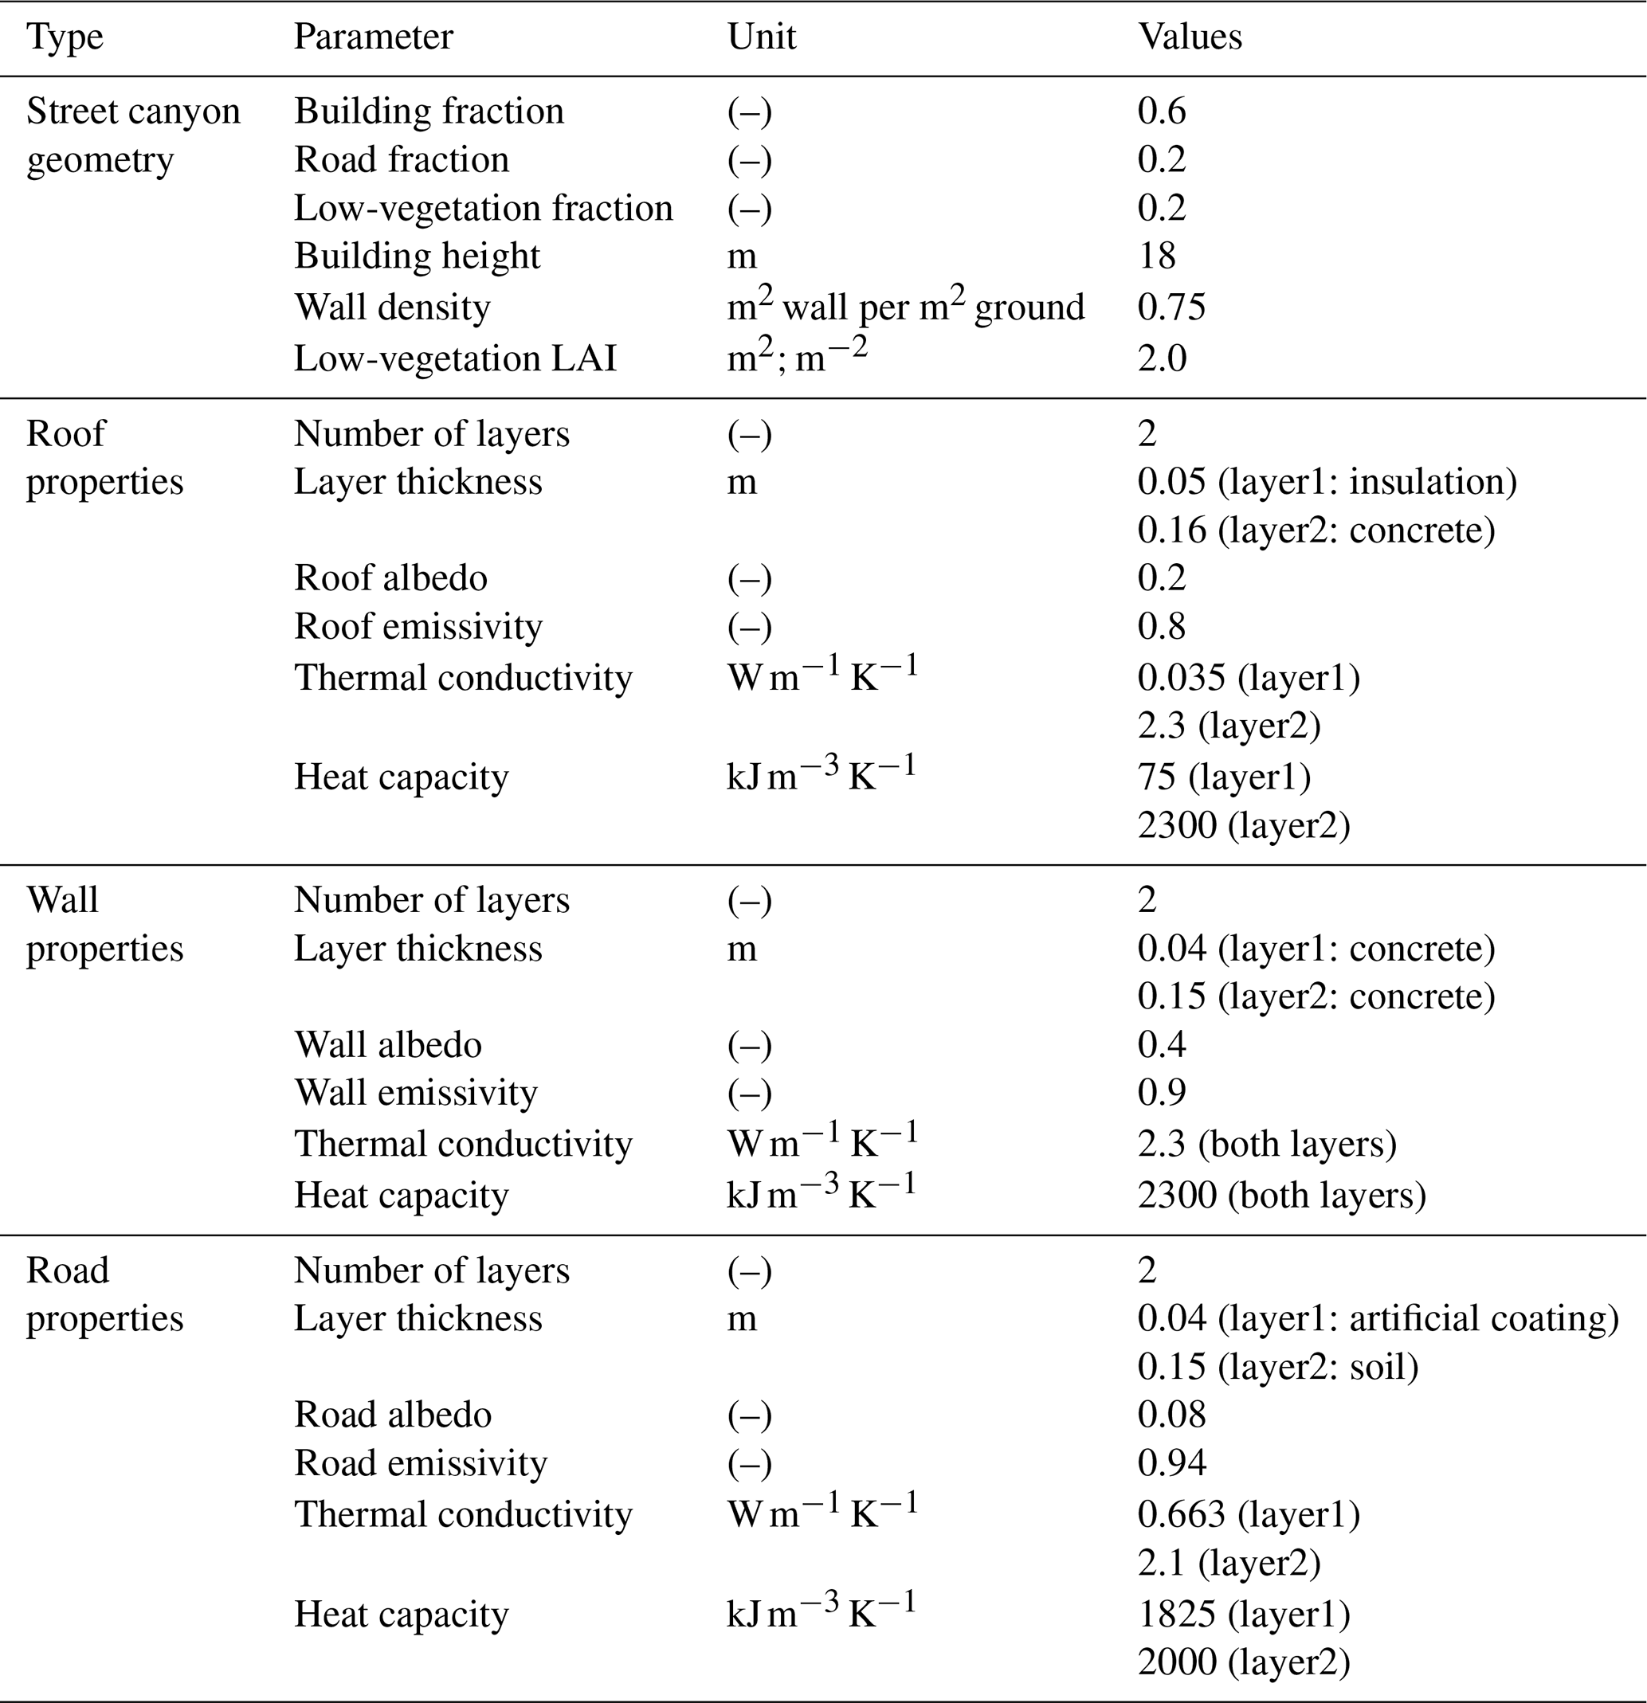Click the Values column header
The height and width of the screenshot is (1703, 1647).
(x=1189, y=37)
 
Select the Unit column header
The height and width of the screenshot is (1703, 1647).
(x=762, y=37)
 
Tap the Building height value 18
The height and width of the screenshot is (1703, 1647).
(x=1156, y=256)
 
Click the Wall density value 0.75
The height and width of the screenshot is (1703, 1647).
(x=1171, y=307)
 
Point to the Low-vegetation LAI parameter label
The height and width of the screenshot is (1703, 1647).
(x=454, y=358)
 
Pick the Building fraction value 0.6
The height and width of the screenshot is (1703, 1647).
(x=1161, y=111)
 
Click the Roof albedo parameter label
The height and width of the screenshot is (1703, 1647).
(x=390, y=577)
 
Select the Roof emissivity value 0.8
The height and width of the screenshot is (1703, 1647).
(x=1161, y=625)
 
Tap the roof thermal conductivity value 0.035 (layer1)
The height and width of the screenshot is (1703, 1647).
(x=1248, y=677)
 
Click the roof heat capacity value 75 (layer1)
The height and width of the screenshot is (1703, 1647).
(x=1224, y=776)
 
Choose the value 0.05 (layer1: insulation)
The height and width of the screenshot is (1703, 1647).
(x=1327, y=481)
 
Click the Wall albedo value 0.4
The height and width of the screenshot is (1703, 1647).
(x=1161, y=1043)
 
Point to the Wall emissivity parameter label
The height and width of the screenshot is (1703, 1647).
(x=415, y=1092)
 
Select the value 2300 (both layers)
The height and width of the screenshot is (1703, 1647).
(x=1281, y=1195)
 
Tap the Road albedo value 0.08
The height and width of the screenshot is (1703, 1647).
(x=1171, y=1415)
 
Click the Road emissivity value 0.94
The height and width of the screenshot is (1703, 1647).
(x=1171, y=1462)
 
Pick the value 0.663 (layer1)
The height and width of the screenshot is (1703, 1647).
(x=1248, y=1513)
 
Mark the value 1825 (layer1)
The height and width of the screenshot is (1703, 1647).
(x=1243, y=1614)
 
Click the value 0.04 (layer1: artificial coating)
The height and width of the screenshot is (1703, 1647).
(x=1378, y=1318)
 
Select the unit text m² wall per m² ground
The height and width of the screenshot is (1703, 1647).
(x=904, y=307)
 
